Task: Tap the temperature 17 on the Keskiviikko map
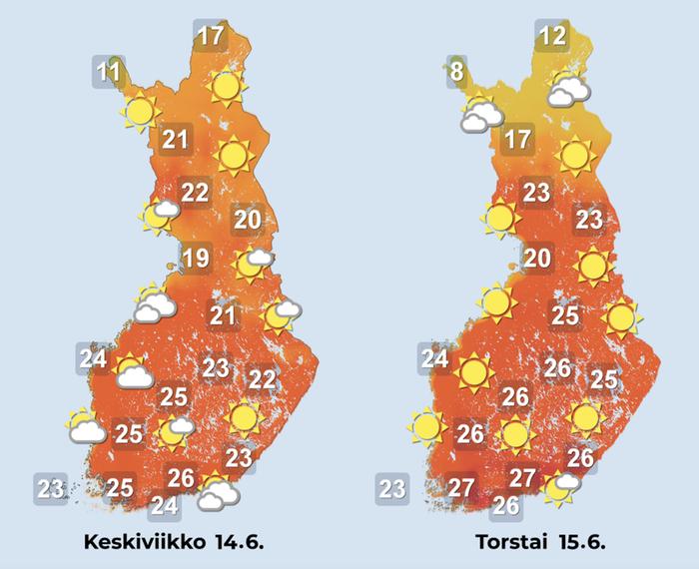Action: coord(210,38)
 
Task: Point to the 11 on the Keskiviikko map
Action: coord(109,72)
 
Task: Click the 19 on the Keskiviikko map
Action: coord(196,260)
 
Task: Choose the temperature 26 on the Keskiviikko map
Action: coord(180,476)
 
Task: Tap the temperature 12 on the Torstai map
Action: coord(551,38)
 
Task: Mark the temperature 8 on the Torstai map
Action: coord(456,72)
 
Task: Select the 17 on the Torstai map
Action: coord(516,139)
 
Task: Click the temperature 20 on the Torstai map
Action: coord(538,260)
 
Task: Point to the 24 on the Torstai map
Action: coord(434,358)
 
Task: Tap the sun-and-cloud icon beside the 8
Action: coord(479,115)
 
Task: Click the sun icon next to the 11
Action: coord(139,111)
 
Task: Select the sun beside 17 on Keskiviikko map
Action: coord(227,88)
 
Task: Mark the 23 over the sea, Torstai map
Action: coord(392,488)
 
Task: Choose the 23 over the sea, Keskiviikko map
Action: coord(51,488)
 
